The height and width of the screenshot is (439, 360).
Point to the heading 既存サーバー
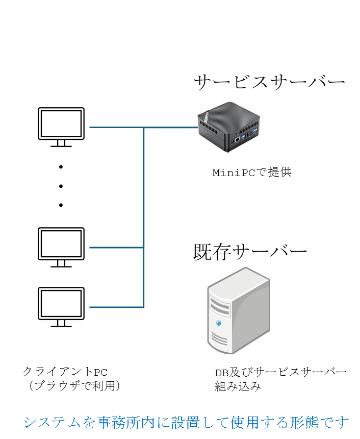pyautogui.click(x=250, y=252)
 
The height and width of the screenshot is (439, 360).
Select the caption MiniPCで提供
pyautogui.click(x=252, y=173)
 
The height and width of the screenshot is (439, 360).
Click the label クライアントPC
pyautogui.click(x=65, y=371)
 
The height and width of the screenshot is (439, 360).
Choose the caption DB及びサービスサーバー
pyautogui.click(x=280, y=372)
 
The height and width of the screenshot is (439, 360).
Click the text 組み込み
pyautogui.click(x=238, y=386)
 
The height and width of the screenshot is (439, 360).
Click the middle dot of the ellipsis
pyautogui.click(x=61, y=186)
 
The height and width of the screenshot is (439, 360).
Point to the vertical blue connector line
pyautogui.click(x=144, y=214)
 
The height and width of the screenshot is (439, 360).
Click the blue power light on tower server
pyautogui.click(x=219, y=323)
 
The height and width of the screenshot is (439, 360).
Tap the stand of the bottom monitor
pyautogui.click(x=61, y=322)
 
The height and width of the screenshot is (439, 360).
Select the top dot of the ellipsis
pyautogui.click(x=61, y=166)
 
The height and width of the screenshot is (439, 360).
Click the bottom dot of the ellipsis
pyautogui.click(x=61, y=205)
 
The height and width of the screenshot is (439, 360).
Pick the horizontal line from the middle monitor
pyautogui.click(x=116, y=248)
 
